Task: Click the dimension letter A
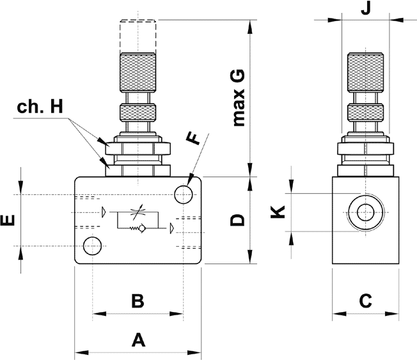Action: [x=138, y=340]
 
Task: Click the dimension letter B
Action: [x=138, y=301]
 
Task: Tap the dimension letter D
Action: [x=237, y=221]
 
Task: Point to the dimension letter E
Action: [x=8, y=221]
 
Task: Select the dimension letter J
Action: [x=366, y=9]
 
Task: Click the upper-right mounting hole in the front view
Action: [x=184, y=193]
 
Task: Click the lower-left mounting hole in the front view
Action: [x=93, y=245]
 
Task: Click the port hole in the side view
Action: [x=366, y=212]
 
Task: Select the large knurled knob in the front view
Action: [x=138, y=72]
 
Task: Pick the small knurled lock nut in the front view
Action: [x=138, y=114]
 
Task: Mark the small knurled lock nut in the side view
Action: [x=366, y=114]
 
